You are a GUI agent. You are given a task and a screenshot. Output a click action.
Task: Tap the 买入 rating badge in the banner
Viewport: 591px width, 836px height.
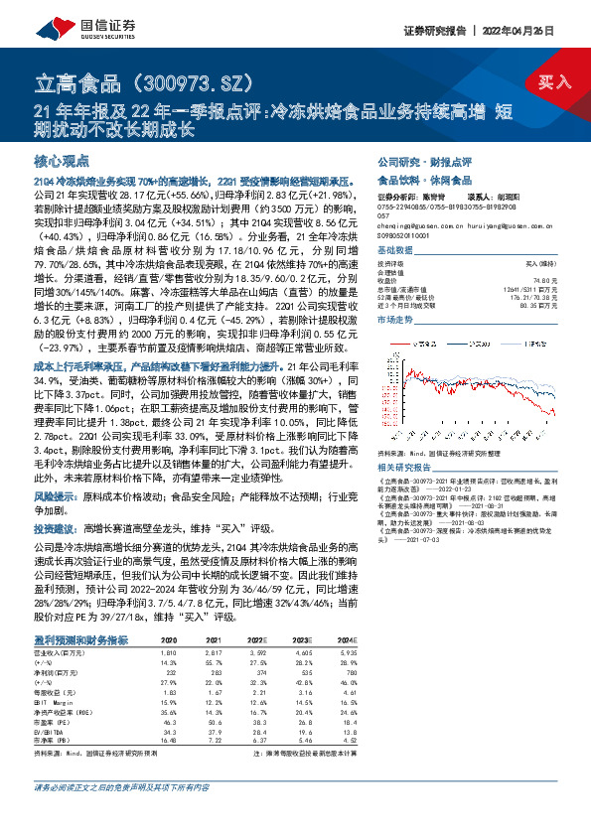(553, 81)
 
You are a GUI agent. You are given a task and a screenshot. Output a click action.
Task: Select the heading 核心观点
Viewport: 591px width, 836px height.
(62, 160)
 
